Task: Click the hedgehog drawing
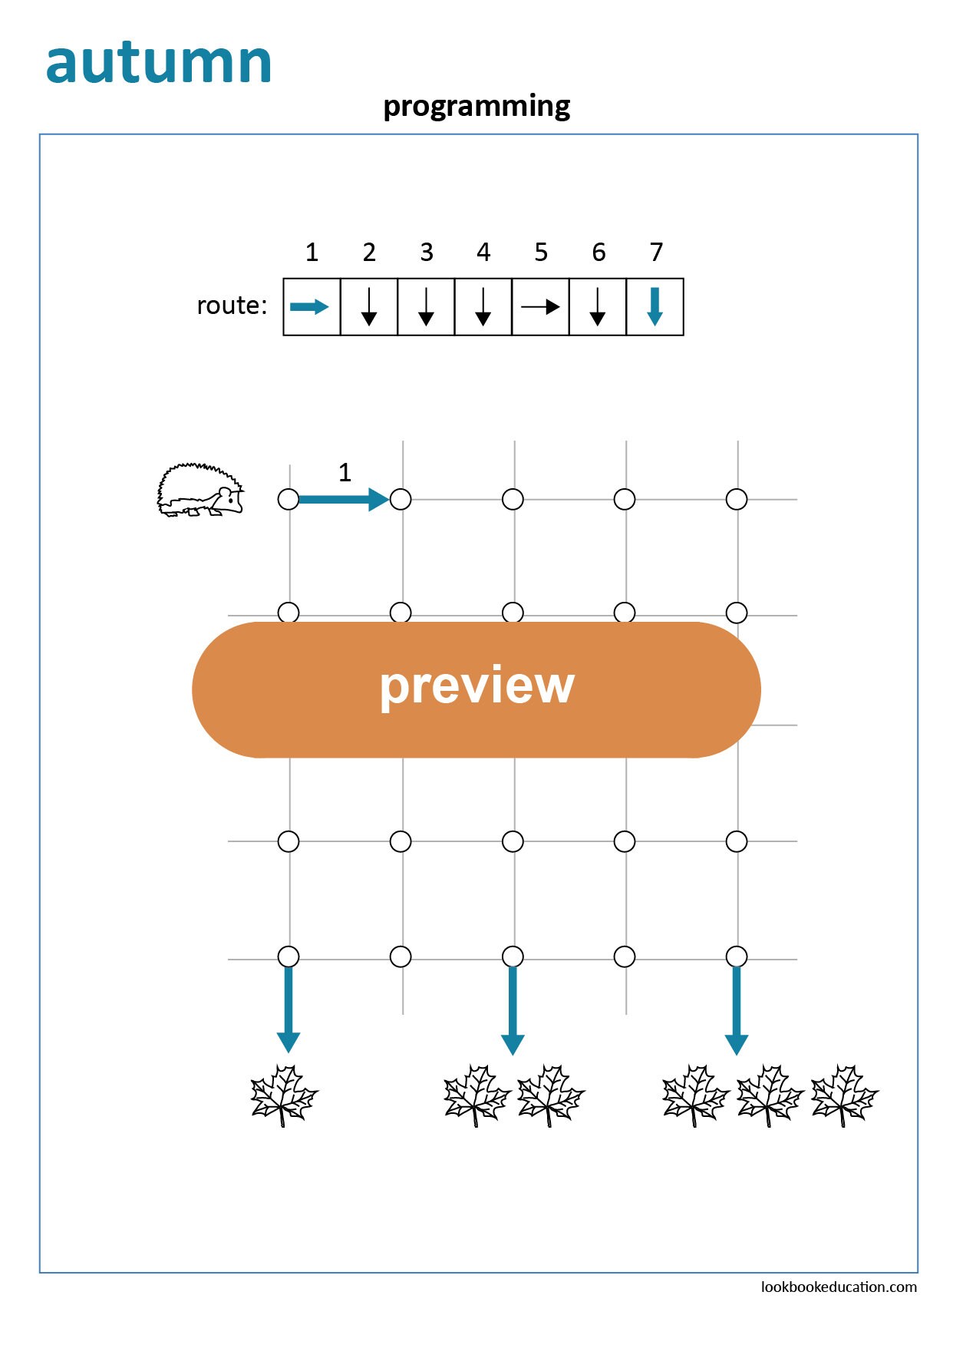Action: (x=200, y=490)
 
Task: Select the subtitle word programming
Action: (x=476, y=106)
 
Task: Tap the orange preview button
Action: (x=476, y=689)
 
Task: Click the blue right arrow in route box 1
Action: (x=309, y=307)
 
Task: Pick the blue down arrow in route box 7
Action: (x=655, y=306)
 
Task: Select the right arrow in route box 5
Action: (x=540, y=307)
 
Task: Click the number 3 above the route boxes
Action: (x=427, y=252)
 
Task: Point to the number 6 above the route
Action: (x=599, y=252)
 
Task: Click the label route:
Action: (x=232, y=306)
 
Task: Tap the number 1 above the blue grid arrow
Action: (x=345, y=472)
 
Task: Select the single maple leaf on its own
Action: (x=284, y=1095)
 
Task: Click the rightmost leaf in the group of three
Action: (x=844, y=1095)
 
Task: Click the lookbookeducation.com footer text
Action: (x=839, y=1287)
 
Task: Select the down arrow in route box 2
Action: (x=369, y=306)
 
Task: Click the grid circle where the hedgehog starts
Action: (x=289, y=500)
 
